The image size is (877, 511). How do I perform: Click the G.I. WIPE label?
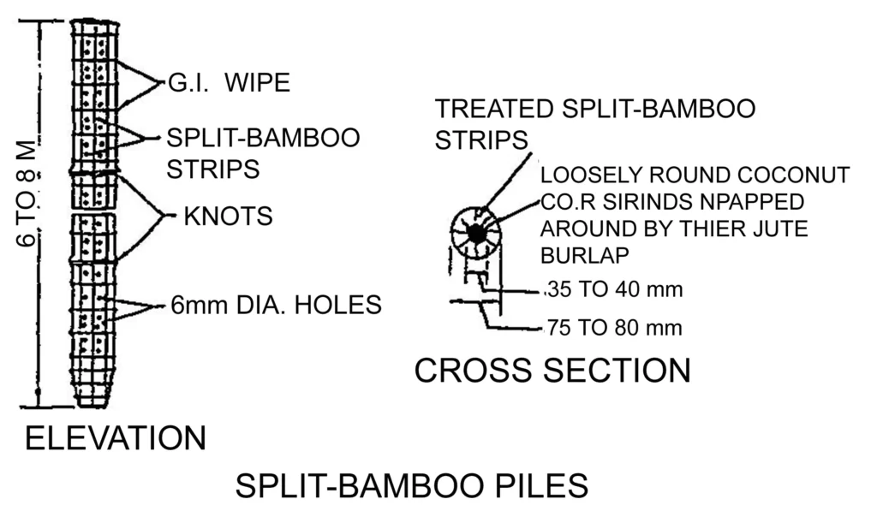[226, 83]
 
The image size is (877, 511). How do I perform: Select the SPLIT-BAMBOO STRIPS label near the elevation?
[262, 152]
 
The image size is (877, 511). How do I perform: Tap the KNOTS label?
[228, 216]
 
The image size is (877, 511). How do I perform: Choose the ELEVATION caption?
[116, 437]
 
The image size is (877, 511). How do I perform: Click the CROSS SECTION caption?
[552, 370]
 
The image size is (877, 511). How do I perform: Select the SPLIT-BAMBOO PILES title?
[411, 485]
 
